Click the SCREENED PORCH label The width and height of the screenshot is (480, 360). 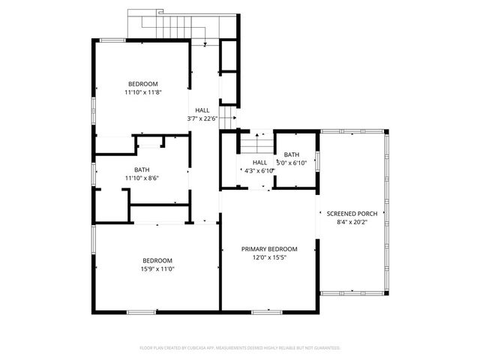click(x=351, y=214)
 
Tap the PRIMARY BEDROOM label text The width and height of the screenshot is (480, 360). click(x=269, y=249)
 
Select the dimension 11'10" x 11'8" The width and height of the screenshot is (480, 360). click(x=143, y=92)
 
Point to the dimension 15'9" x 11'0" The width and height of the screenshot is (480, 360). click(x=157, y=268)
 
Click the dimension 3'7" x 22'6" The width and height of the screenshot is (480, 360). click(x=202, y=118)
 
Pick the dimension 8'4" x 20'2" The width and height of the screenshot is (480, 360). click(x=351, y=222)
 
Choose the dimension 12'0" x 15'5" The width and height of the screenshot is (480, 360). click(x=269, y=257)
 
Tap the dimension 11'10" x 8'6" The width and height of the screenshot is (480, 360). click(x=142, y=178)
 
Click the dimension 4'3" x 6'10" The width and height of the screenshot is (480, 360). click(x=259, y=171)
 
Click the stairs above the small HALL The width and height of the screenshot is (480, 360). click(x=256, y=143)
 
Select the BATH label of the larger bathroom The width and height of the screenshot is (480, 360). click(x=142, y=169)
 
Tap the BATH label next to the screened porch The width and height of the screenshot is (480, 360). click(x=292, y=154)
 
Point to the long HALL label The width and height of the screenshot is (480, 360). click(x=202, y=110)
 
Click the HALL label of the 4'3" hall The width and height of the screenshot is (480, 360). click(x=259, y=163)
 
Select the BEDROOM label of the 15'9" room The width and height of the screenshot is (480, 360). click(x=157, y=260)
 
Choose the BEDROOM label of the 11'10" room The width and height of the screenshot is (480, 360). click(x=142, y=84)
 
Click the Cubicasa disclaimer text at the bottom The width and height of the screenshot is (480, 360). click(x=240, y=348)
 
